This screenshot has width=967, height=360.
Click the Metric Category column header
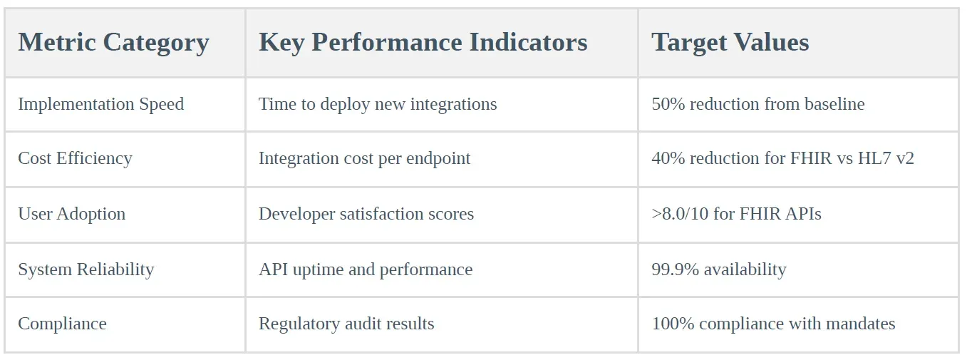(x=113, y=43)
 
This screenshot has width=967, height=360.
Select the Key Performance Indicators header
(x=423, y=43)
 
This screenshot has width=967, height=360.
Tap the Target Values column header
(x=730, y=43)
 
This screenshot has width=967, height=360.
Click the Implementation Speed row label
(x=100, y=104)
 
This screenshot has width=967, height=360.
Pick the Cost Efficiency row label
(x=75, y=158)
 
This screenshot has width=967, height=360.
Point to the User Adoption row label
(x=71, y=214)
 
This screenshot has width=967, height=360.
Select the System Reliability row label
(x=86, y=269)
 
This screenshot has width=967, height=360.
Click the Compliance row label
(x=62, y=324)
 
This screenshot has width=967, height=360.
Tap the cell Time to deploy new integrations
(x=378, y=104)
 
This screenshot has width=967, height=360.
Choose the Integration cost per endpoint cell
(x=364, y=158)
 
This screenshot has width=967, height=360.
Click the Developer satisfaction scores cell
(x=366, y=214)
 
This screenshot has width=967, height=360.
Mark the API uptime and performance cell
(x=365, y=269)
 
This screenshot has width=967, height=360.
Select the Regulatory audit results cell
(x=346, y=324)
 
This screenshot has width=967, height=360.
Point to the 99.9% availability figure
(x=718, y=269)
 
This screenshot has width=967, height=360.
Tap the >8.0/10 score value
(x=680, y=214)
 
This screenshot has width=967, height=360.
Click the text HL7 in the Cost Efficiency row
(x=876, y=158)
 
